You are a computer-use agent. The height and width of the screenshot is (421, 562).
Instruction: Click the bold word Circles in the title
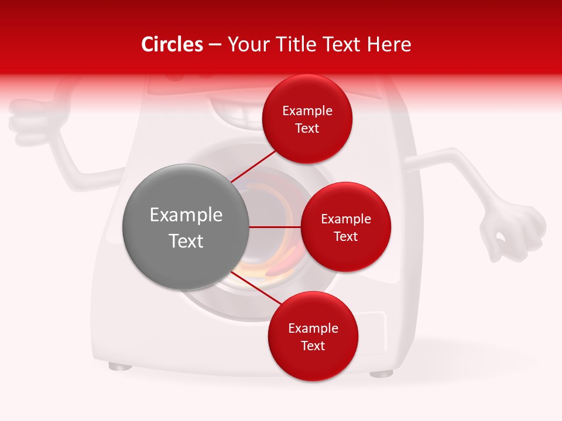pyautogui.click(x=172, y=44)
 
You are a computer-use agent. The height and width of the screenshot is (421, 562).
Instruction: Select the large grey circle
pyautogui.click(x=186, y=227)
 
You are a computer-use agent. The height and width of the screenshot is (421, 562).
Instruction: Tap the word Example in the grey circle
pyautogui.click(x=186, y=215)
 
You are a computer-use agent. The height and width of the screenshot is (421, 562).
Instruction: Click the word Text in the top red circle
pyautogui.click(x=307, y=129)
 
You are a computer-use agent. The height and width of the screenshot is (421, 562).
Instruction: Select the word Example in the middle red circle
pyautogui.click(x=346, y=219)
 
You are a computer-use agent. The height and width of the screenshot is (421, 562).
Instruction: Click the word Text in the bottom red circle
pyautogui.click(x=313, y=346)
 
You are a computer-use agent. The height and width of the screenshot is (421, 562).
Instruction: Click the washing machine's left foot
pyautogui.click(x=120, y=367)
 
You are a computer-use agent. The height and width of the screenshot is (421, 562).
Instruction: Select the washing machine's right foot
pyautogui.click(x=381, y=372)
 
